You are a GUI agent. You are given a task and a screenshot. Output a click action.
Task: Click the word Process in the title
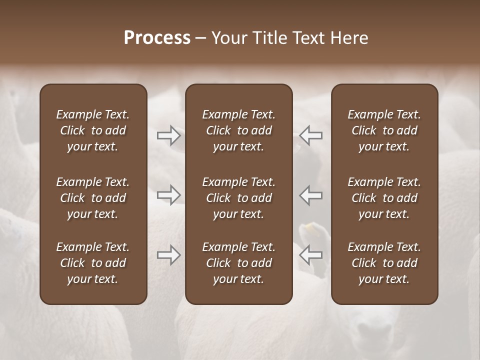point(157,38)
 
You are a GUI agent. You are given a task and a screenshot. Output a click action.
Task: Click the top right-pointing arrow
point(169,135)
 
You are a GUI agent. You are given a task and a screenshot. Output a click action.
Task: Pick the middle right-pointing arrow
point(169,194)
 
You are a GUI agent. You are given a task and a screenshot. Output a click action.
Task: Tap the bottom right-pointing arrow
point(169,255)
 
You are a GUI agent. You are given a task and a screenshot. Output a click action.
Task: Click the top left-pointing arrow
point(310,135)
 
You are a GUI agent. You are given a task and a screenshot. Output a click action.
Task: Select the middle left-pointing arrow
point(310,194)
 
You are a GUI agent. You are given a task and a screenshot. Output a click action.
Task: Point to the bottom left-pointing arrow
point(310,255)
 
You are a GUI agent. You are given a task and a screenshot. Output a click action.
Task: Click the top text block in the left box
point(93,130)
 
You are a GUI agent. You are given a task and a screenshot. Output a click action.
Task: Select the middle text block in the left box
point(93,198)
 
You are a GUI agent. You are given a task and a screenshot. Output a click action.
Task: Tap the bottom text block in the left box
point(93,263)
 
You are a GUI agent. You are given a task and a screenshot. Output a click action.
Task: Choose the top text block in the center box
point(238,130)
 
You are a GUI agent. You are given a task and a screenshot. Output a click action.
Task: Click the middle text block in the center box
point(238,198)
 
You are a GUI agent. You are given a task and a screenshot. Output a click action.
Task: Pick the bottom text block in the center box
point(238,263)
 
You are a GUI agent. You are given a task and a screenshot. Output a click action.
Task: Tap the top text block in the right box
point(384,130)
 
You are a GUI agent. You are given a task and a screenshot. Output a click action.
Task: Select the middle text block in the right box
point(384,198)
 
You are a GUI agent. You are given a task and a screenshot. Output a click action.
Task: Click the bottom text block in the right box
point(384,263)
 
